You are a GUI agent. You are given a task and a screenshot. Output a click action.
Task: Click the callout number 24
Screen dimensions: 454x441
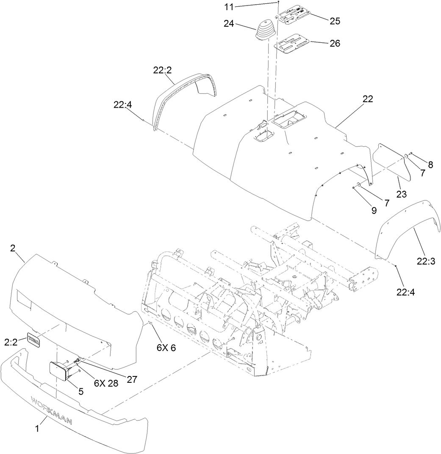(x=229, y=24)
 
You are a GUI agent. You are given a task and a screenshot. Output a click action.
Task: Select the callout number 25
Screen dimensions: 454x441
(x=336, y=20)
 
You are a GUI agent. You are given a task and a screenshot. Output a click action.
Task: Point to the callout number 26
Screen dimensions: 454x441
(x=335, y=43)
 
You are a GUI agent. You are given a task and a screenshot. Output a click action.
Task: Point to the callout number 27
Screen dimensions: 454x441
(x=132, y=379)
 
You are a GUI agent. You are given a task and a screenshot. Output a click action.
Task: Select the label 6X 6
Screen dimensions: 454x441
(x=166, y=348)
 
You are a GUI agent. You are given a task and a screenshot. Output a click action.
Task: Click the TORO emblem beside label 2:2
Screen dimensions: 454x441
(x=34, y=340)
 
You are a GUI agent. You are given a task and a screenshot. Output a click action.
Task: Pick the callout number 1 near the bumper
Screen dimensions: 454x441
(x=37, y=429)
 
